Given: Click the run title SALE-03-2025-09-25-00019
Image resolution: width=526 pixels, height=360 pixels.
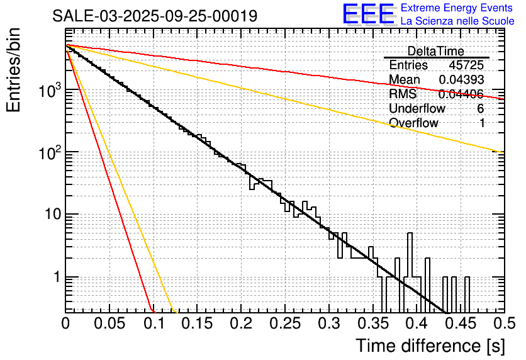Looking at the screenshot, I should click(155, 16).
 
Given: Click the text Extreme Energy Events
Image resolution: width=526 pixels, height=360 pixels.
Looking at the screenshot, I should click(457, 8).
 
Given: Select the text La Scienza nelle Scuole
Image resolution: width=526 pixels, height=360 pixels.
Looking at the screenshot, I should click(457, 21).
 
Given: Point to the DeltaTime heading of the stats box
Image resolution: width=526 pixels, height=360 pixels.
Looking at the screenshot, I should click(436, 51).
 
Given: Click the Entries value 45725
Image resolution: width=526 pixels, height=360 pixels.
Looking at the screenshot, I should click(466, 65).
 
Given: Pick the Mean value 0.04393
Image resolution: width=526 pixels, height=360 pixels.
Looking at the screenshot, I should click(461, 80).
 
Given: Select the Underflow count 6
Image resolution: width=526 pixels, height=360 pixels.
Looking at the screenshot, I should click(481, 108).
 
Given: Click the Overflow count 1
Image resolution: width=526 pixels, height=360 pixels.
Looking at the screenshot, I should click(482, 123).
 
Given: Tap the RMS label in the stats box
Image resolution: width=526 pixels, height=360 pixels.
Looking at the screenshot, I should click(400, 94).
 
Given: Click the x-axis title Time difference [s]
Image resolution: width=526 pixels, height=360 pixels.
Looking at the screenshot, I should click(429, 346).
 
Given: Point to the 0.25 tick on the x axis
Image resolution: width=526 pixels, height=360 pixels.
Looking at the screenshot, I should click(284, 323).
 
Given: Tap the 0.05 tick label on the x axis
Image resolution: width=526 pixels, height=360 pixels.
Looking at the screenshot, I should click(109, 323).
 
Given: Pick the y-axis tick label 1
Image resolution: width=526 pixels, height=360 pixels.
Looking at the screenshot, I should click(56, 277).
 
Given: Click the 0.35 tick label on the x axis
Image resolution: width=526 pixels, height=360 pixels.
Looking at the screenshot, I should click(372, 323).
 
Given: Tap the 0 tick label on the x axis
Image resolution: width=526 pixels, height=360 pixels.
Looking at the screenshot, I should click(66, 323).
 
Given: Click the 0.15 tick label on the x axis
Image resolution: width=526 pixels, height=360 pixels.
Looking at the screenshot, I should click(197, 323).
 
